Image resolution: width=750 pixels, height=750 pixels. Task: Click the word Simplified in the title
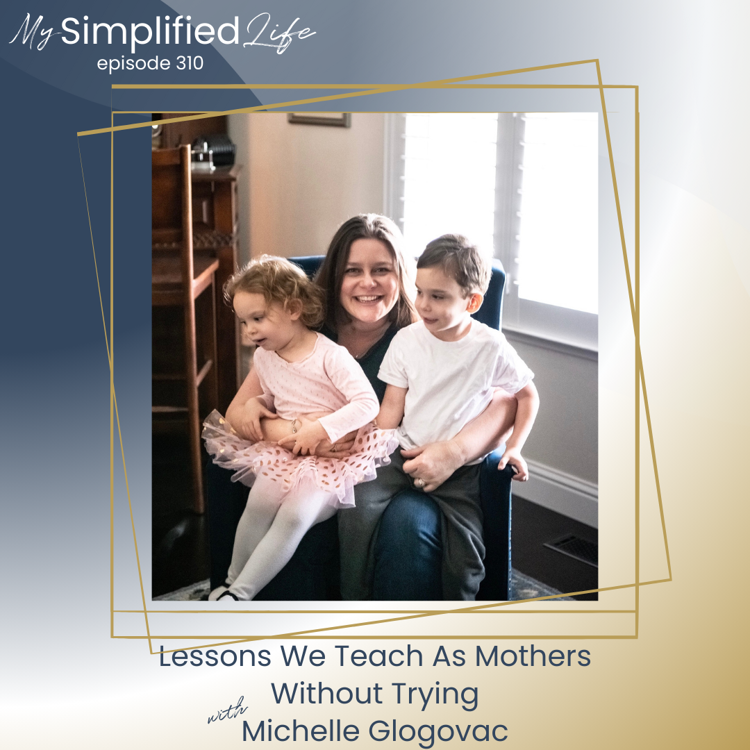(150, 31)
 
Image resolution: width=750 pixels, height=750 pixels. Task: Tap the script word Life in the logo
(279, 33)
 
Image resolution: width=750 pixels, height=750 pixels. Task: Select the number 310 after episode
(190, 63)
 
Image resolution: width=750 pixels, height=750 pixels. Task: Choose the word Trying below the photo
(435, 694)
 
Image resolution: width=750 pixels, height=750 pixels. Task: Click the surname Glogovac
(437, 731)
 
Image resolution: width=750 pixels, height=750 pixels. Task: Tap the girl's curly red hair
(277, 287)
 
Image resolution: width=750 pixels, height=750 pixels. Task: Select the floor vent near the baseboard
(572, 549)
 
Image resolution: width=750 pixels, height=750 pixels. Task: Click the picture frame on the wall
(319, 119)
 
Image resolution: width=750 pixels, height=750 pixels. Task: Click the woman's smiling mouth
(368, 299)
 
